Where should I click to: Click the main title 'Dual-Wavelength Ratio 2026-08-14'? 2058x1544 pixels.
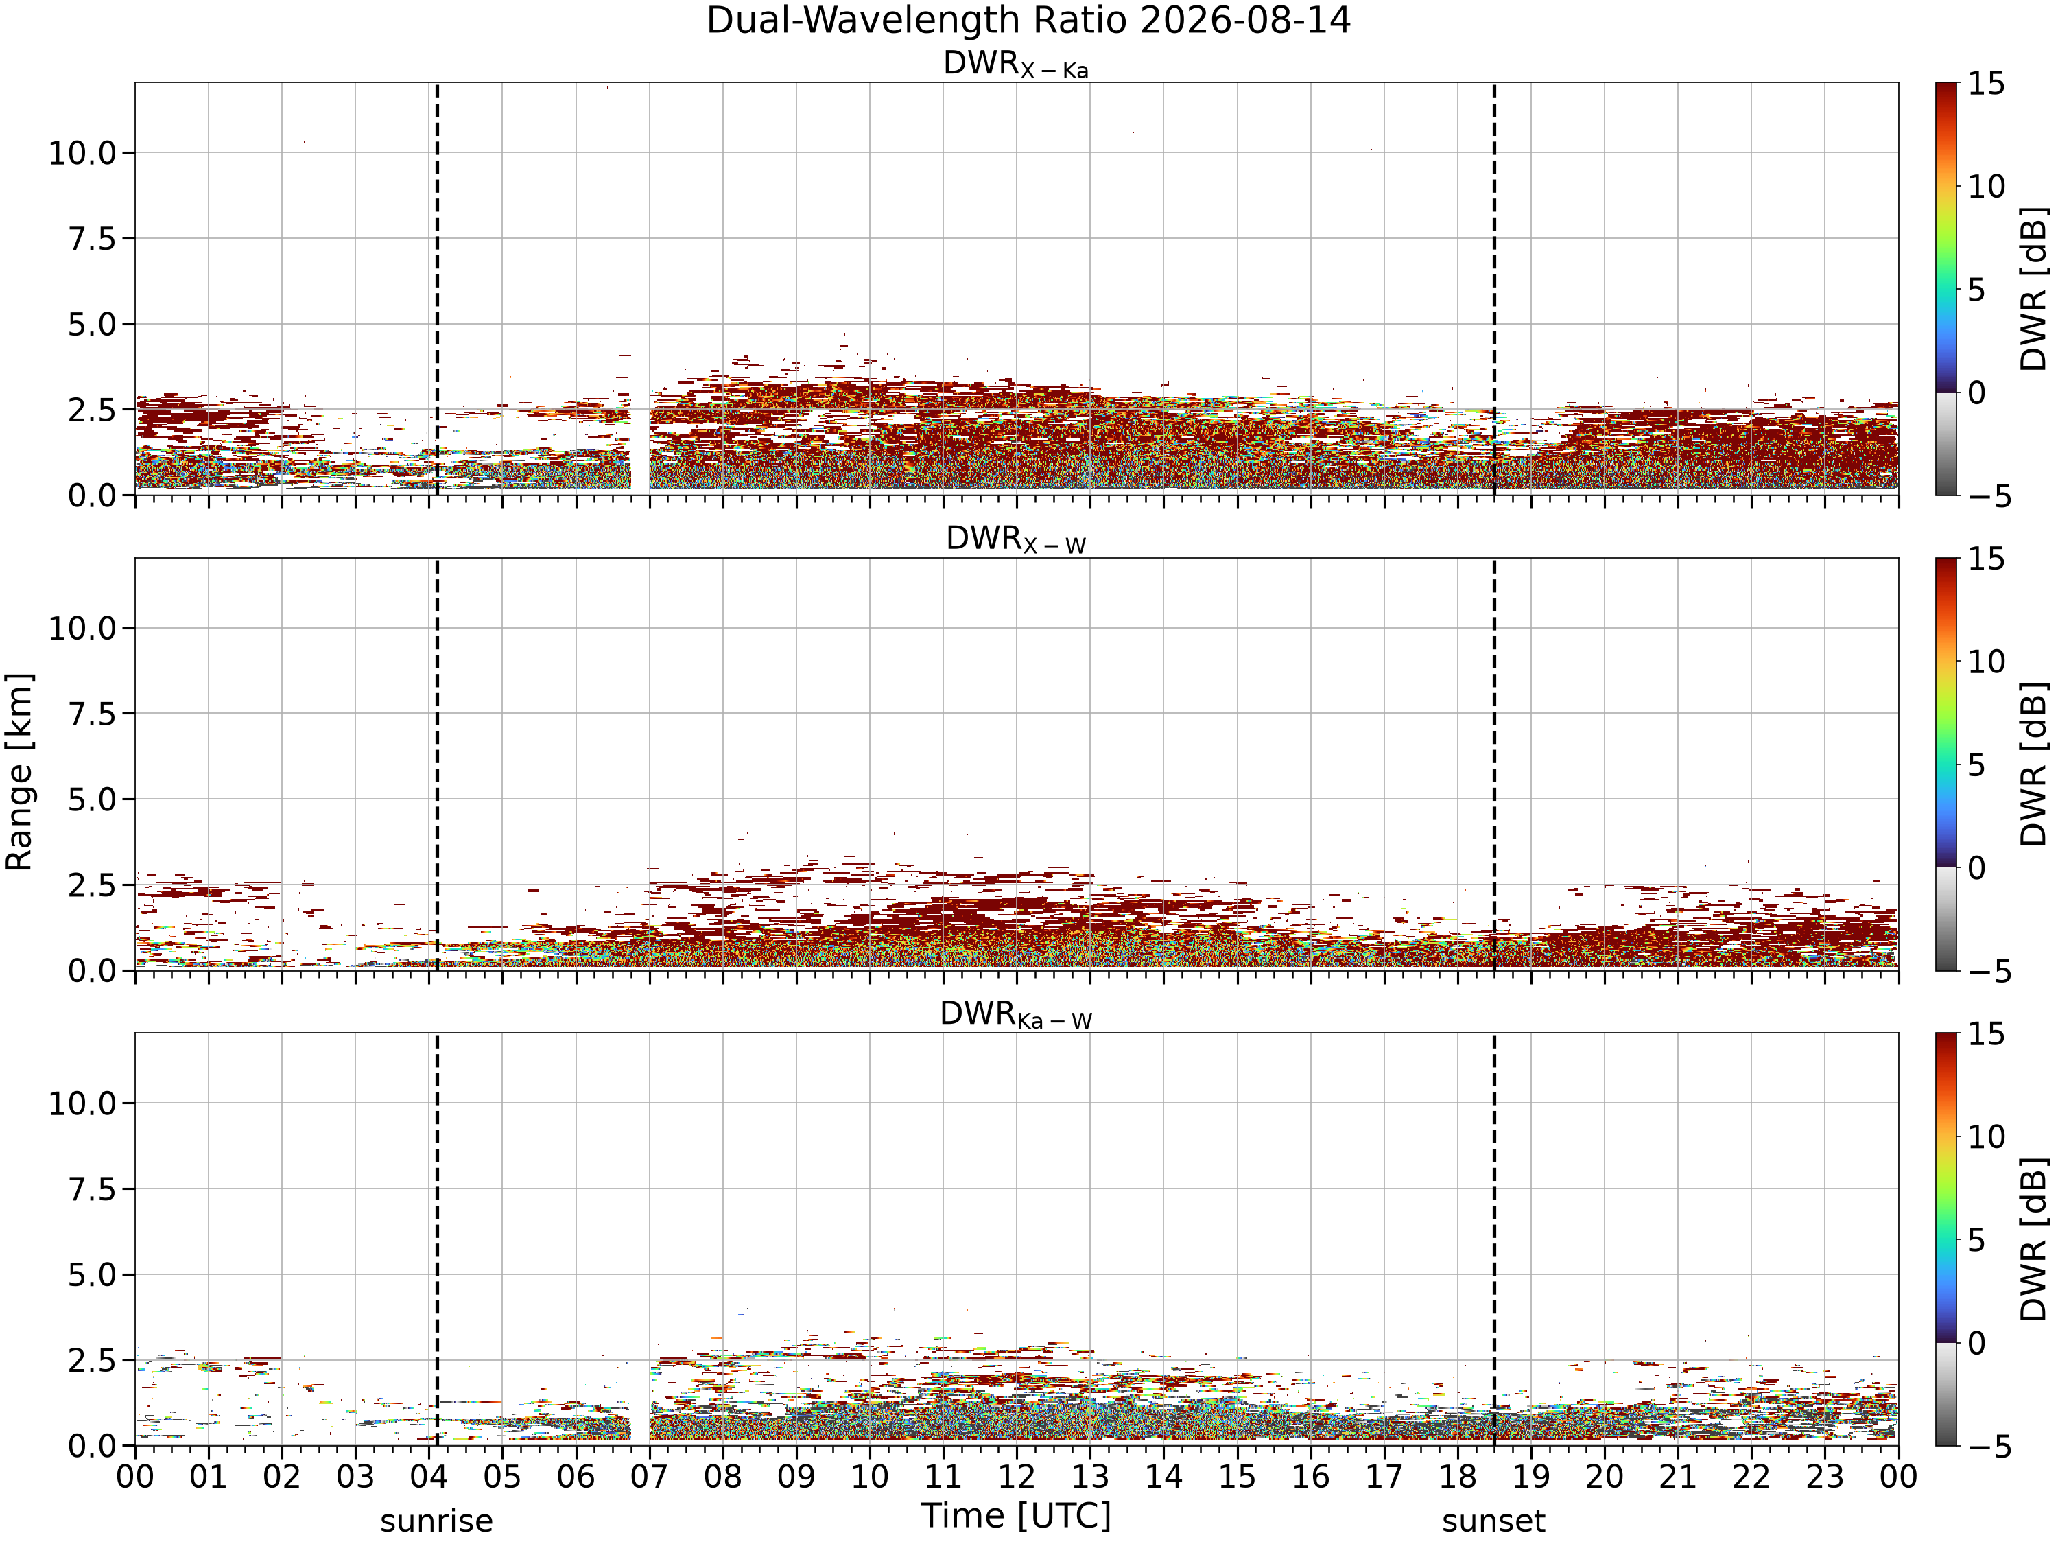[1028, 21]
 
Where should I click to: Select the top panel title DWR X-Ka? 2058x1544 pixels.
[1016, 65]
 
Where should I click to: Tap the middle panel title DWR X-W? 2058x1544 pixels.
[1016, 540]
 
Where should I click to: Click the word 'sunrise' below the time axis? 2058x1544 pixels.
[436, 1521]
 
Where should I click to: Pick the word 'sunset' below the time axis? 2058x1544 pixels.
[1493, 1521]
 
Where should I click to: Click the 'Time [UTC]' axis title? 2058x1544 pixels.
[1016, 1516]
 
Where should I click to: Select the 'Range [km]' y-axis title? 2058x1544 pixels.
[19, 771]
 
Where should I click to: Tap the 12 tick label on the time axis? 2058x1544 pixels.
[1016, 1477]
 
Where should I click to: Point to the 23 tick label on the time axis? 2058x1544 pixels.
[1825, 1477]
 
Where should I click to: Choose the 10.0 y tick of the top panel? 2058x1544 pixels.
[83, 152]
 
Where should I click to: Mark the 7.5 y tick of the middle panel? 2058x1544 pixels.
[92, 714]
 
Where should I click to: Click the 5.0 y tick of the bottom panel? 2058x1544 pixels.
[92, 1275]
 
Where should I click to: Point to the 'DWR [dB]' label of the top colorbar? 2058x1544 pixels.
[2035, 288]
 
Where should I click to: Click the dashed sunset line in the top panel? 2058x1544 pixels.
[1494, 288]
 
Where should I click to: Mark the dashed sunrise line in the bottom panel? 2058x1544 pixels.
[437, 1239]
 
